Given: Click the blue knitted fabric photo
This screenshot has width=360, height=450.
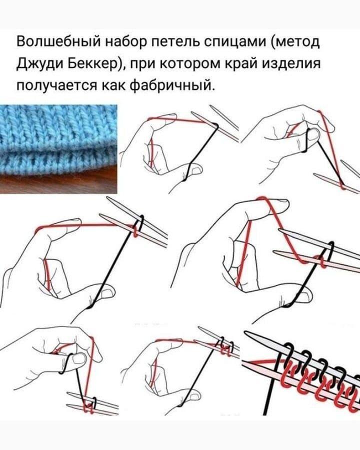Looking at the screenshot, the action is tap(58, 140).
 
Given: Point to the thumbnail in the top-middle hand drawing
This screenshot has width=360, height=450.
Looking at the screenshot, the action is tap(196, 169).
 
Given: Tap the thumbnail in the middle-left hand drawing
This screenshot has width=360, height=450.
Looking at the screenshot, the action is tap(107, 293).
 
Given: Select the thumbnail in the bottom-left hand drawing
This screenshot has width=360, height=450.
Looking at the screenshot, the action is tap(78, 358).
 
